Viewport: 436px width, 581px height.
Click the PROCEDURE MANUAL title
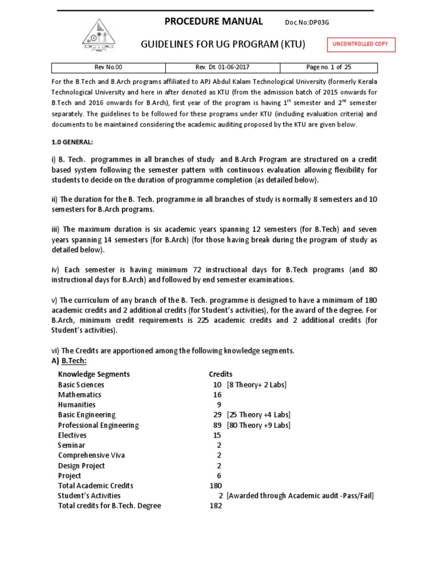(x=213, y=22)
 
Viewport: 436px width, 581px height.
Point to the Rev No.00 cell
(x=108, y=67)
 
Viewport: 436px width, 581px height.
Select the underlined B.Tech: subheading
(x=74, y=361)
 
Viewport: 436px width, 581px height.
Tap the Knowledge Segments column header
(x=94, y=374)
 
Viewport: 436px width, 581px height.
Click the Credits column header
(x=221, y=374)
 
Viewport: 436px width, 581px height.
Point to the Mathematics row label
(x=79, y=394)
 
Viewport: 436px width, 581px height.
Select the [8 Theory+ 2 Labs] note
(x=257, y=385)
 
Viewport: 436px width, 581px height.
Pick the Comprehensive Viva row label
(x=91, y=455)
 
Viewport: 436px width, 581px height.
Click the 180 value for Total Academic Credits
(x=216, y=486)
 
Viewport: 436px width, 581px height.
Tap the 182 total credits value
(x=216, y=506)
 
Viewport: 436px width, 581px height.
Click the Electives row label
(x=72, y=435)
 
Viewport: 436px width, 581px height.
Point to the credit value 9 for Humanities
(x=219, y=405)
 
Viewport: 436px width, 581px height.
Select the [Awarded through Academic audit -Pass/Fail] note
(x=300, y=495)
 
